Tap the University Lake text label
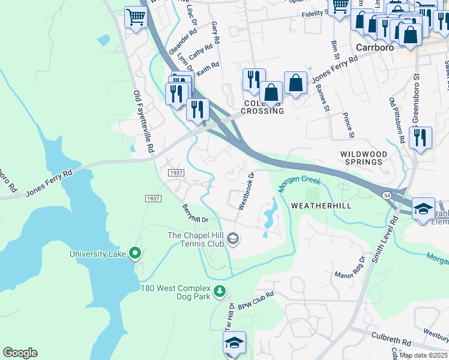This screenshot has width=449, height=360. [97, 254]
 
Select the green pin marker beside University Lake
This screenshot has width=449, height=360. [135, 254]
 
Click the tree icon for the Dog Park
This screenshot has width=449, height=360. [220, 291]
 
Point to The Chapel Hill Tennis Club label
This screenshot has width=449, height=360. [196, 239]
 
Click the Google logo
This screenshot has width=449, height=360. [20, 353]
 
